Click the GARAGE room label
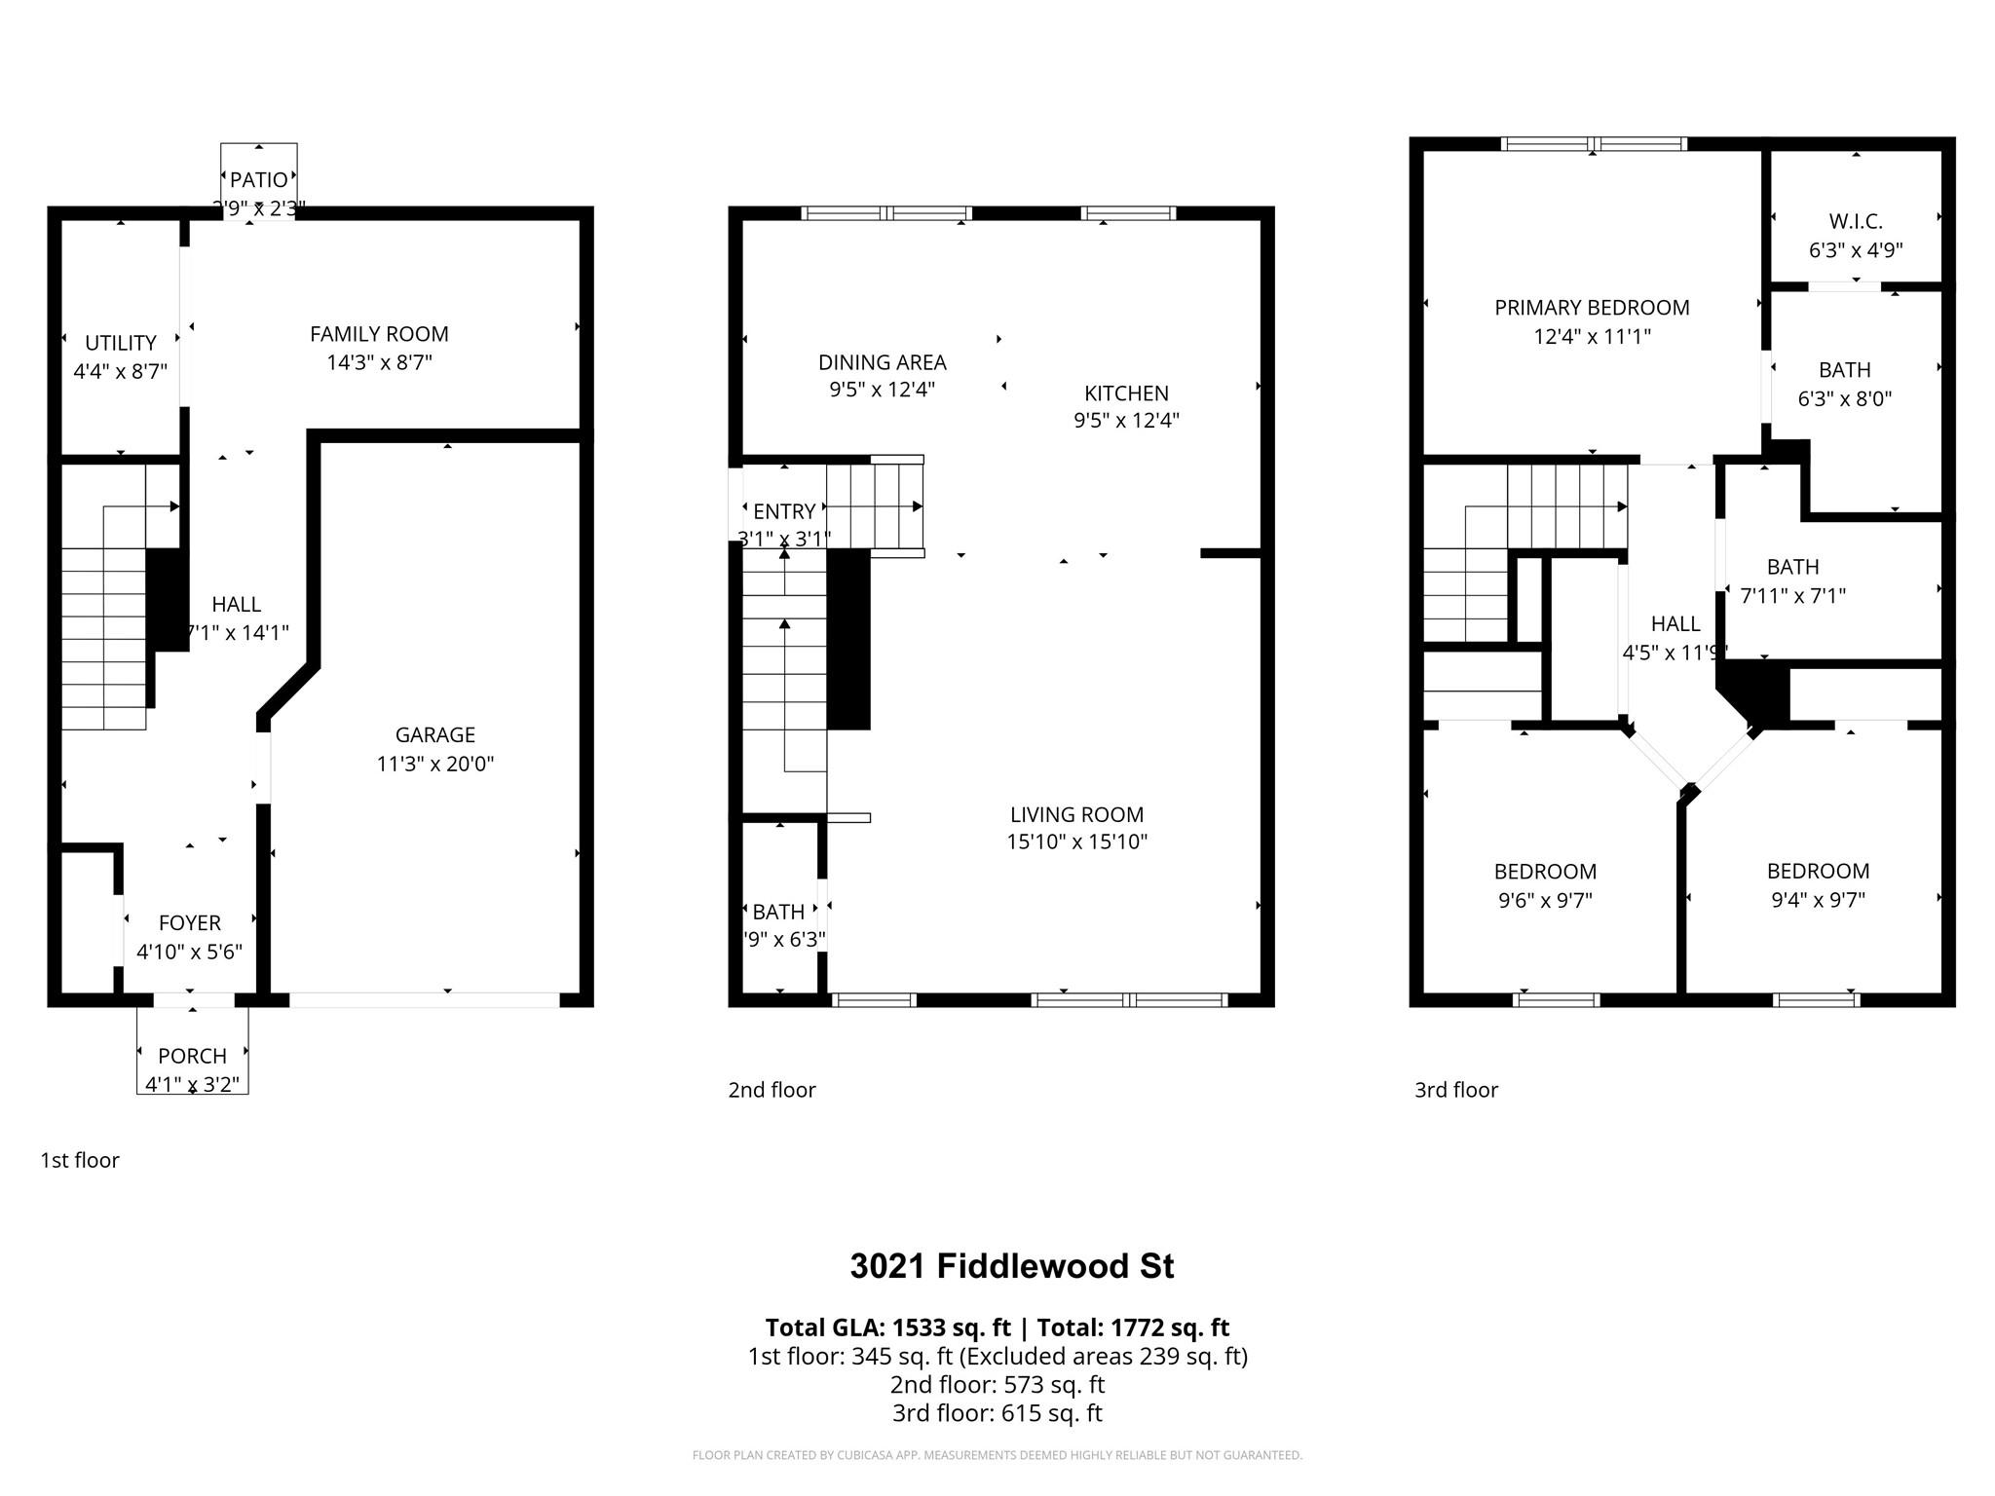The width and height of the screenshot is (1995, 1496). coord(434,735)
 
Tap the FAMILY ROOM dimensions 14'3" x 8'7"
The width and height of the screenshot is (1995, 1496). coord(379,362)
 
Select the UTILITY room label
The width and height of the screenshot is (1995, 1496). coord(120,343)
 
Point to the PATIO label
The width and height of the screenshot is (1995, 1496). coord(258,180)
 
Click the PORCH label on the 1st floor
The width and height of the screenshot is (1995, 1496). coord(192,1056)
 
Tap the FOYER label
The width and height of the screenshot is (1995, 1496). coord(189,922)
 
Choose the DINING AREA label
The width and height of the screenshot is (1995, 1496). coord(882,362)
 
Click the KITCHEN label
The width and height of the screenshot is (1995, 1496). coord(1126,393)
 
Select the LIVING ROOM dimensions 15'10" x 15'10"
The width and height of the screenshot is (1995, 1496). coord(1076,841)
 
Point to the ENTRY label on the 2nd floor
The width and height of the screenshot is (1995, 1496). coord(784,511)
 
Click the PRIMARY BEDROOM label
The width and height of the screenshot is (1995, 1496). coord(1592,308)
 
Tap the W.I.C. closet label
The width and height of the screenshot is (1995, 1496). coord(1855,222)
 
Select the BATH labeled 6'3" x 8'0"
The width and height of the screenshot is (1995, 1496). coord(1844,370)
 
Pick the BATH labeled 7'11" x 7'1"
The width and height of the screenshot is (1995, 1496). coord(1792,567)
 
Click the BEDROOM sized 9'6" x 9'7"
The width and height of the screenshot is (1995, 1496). coord(1545,872)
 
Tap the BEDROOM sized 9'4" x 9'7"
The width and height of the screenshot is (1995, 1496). coord(1818,871)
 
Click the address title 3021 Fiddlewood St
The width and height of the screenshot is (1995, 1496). coord(1011,1266)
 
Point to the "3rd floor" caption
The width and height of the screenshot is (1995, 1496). coord(1455,1090)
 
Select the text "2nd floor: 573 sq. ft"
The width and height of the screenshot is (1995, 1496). coord(997,1384)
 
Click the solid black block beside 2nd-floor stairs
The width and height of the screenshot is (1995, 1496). coord(847,639)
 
